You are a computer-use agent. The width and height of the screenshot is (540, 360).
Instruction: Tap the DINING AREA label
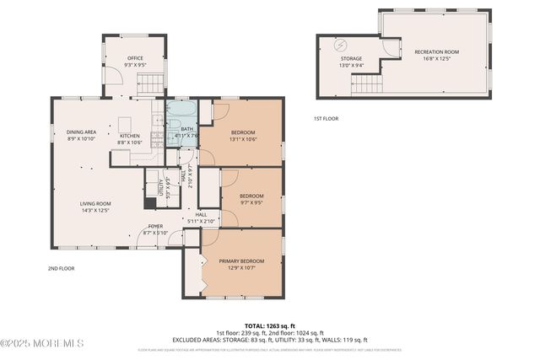pos(83,132)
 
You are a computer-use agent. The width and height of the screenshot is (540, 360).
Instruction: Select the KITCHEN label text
pos(129,136)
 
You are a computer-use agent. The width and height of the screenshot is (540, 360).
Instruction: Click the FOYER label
pos(156,226)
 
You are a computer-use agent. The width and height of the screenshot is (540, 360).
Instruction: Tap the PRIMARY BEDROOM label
pos(241,261)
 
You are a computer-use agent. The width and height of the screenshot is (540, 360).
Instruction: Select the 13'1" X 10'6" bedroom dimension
pos(245,139)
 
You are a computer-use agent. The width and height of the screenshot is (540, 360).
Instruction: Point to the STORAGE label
pos(351,58)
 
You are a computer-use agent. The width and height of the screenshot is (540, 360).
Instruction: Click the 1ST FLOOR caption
pos(326,118)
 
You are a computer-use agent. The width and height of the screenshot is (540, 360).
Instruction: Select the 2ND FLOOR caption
pos(61,268)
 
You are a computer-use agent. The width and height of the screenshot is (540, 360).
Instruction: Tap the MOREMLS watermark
pos(42,343)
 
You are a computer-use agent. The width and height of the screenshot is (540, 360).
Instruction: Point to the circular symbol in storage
pos(341,44)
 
